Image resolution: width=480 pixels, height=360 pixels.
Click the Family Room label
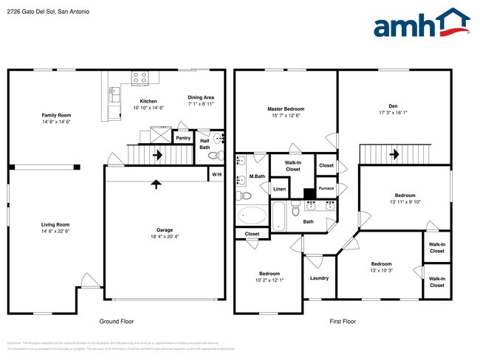pyautogui.click(x=55, y=115)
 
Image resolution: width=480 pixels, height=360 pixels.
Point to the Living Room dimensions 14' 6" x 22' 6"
pyautogui.click(x=55, y=231)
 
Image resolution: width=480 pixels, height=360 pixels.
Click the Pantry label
pyautogui.click(x=183, y=137)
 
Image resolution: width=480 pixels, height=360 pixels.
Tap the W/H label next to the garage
pyautogui.click(x=216, y=174)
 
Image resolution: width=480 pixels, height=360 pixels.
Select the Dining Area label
pyautogui.click(x=200, y=97)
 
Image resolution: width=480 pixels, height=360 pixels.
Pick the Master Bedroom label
pyautogui.click(x=285, y=108)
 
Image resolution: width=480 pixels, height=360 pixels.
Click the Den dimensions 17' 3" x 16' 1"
pyautogui.click(x=392, y=113)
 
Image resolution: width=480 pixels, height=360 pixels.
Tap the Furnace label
pyautogui.click(x=326, y=188)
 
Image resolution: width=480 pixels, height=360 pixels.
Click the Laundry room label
pyautogui.click(x=319, y=278)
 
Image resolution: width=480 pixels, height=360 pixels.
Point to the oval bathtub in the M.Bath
pyautogui.click(x=253, y=215)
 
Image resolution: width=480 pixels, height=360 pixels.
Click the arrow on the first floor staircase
pyautogui.click(x=396, y=154)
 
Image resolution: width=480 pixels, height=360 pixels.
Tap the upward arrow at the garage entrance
pyautogui.click(x=156, y=184)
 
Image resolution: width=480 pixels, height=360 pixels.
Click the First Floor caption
pyautogui.click(x=342, y=322)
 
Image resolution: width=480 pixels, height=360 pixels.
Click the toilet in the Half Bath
pyautogui.click(x=214, y=156)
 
